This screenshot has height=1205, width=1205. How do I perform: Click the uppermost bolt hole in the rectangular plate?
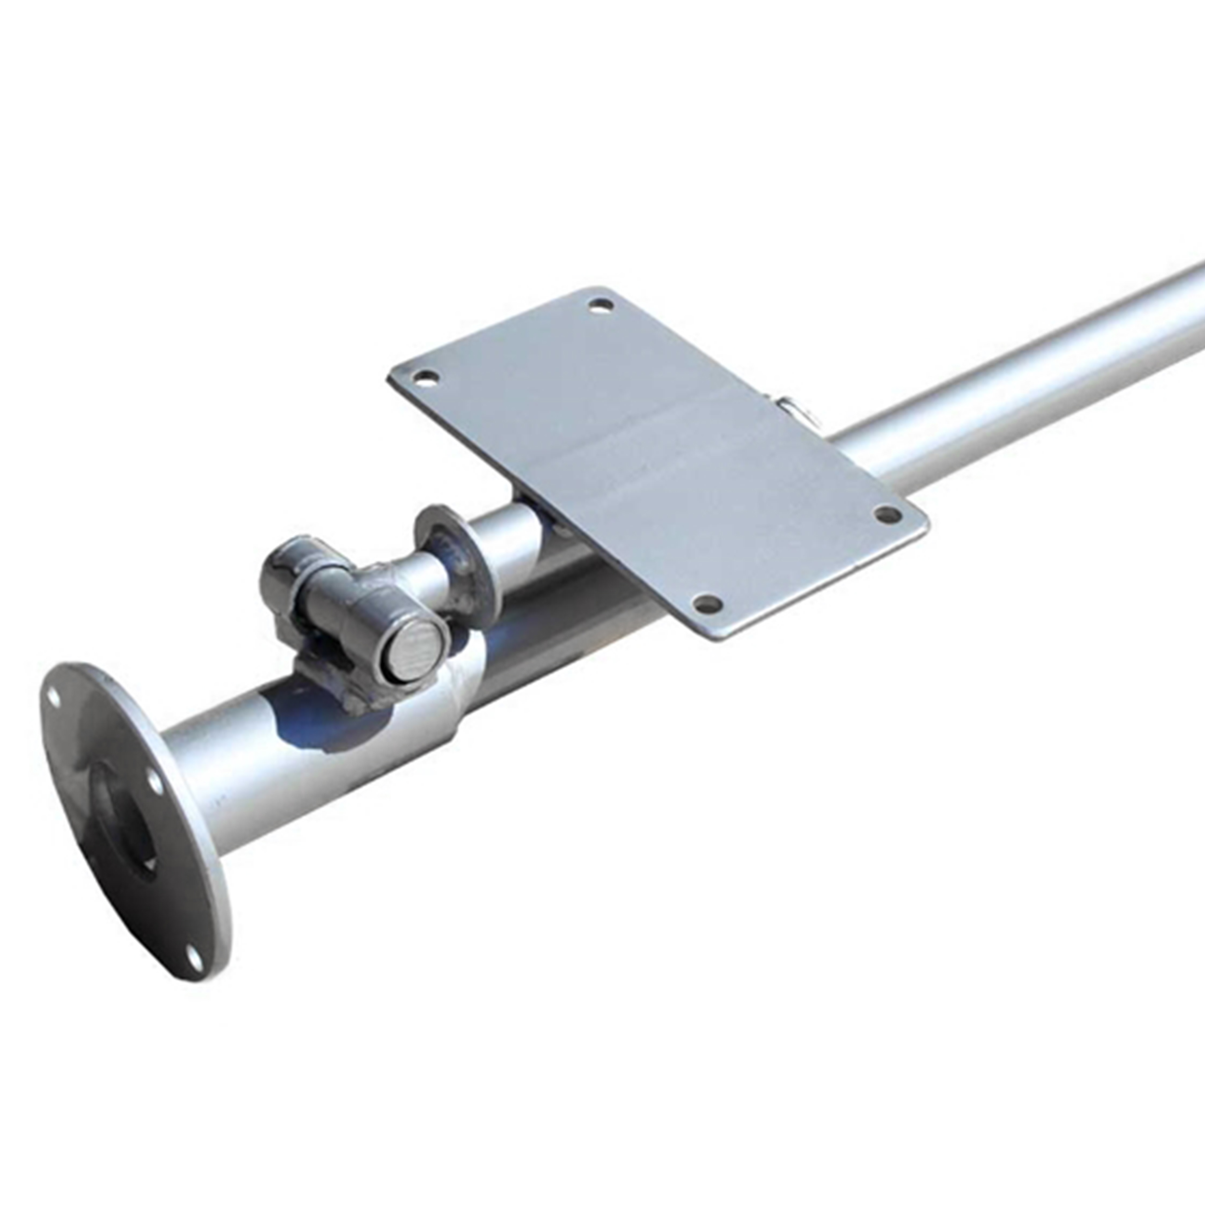pyautogui.click(x=601, y=306)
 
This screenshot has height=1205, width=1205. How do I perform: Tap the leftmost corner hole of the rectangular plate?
pyautogui.click(x=426, y=377)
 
